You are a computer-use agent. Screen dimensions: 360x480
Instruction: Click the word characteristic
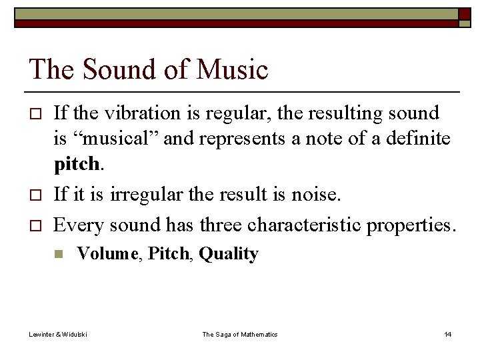click(306, 225)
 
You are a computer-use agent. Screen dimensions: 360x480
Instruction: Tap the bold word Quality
click(229, 254)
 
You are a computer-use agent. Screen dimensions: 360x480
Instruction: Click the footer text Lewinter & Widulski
click(58, 334)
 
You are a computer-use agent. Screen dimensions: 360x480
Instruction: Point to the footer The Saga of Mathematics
click(239, 334)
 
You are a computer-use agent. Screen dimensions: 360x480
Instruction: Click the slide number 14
click(447, 334)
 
